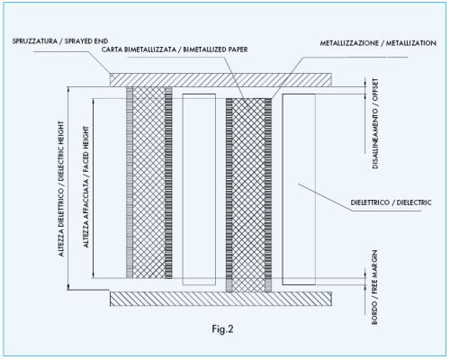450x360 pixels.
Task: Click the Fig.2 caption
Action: tap(222, 329)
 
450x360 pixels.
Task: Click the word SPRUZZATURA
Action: tap(35, 41)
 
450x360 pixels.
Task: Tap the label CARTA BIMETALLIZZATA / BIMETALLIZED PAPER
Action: tap(175, 49)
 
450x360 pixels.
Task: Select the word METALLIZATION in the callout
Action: tap(411, 43)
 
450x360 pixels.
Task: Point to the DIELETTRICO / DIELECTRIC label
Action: tap(391, 202)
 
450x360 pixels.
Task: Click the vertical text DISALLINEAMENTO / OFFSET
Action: tap(375, 123)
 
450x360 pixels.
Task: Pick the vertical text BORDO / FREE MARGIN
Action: tap(374, 287)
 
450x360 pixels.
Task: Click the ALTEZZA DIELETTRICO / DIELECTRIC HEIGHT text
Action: tap(61, 189)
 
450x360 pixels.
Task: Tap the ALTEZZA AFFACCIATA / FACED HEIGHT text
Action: tap(85, 186)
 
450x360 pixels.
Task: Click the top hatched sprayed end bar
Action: tap(220, 80)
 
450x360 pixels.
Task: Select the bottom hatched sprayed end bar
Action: tap(220, 299)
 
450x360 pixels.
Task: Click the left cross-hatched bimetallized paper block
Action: tap(148, 183)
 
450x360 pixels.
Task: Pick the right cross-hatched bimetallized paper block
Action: tap(248, 195)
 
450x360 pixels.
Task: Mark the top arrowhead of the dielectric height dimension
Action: tap(68, 89)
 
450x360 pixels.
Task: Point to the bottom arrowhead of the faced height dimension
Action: tap(94, 276)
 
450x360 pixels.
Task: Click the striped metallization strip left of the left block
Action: tap(130, 183)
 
